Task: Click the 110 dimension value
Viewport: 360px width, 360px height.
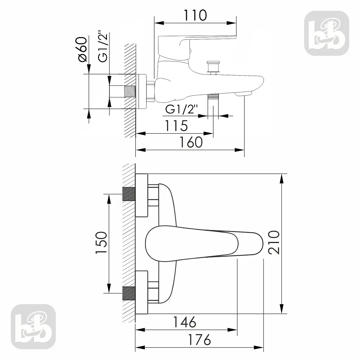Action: (195, 15)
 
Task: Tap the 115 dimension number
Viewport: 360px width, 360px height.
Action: (176, 126)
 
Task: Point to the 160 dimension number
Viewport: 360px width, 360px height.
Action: (191, 142)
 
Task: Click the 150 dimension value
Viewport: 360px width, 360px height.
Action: (101, 243)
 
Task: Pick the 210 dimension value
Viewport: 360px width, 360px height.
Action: (274, 242)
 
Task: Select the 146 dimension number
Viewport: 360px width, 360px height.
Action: (184, 322)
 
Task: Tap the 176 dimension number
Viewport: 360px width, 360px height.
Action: (199, 340)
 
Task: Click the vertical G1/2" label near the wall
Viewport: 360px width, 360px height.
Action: (103, 46)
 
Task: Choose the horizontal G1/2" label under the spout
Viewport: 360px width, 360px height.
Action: (181, 109)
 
